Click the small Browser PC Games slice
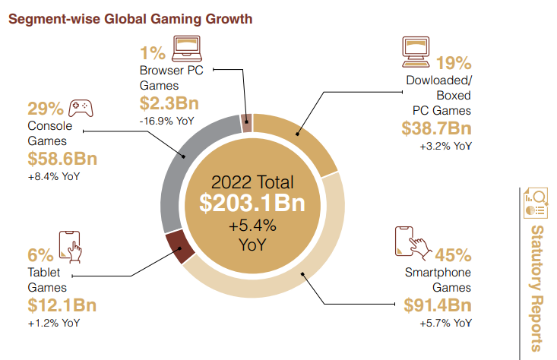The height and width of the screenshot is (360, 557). coord(246,122)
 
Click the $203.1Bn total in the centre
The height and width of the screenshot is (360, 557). coord(252,204)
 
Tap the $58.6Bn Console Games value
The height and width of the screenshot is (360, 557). coord(63,159)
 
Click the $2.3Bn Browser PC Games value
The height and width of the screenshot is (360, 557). coord(169,103)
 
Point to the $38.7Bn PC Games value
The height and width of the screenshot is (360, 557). coord(436,128)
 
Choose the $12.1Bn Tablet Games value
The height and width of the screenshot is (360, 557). coord(62,305)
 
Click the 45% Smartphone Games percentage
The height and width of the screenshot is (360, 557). coord(452,254)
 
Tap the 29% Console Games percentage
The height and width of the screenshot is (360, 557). coord(46,108)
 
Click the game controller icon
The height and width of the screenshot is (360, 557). coord(81,107)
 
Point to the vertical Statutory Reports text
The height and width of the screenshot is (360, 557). coord(536,287)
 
